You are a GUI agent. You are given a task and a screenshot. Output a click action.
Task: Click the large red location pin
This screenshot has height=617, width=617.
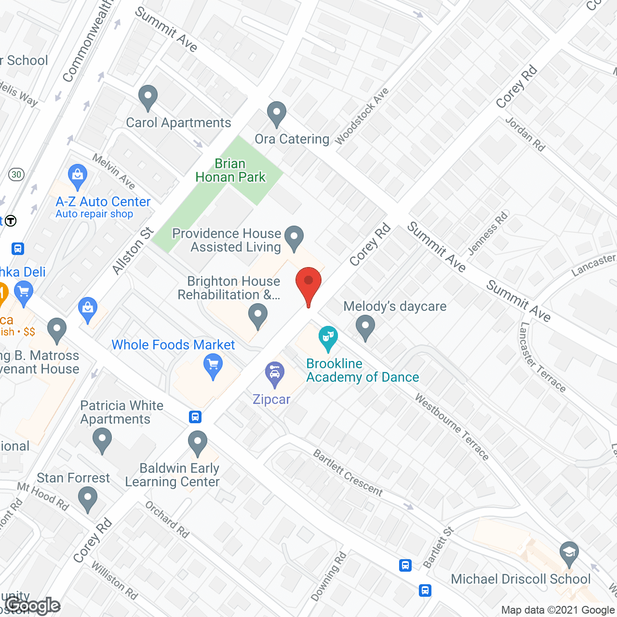click(x=308, y=282)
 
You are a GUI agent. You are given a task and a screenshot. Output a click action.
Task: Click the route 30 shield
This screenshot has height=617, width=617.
click(x=16, y=174)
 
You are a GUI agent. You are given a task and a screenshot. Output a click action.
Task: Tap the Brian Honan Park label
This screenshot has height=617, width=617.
click(x=230, y=171)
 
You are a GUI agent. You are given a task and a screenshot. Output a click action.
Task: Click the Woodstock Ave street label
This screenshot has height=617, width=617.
click(x=362, y=116)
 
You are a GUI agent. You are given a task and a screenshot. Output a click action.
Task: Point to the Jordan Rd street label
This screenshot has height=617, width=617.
click(x=525, y=134)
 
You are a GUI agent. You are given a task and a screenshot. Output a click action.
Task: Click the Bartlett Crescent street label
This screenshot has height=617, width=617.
click(x=348, y=473)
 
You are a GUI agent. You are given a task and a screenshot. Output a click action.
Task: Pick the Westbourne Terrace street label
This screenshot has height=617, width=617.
click(x=452, y=427)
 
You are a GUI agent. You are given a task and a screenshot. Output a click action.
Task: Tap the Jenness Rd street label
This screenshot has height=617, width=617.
click(x=488, y=233)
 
